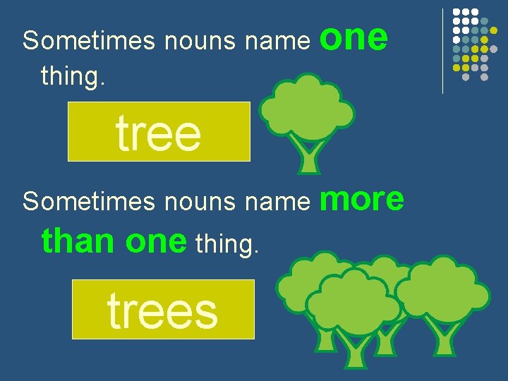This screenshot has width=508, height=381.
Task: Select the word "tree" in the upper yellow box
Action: pos(159,133)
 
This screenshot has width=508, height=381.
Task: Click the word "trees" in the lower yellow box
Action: pos(162,311)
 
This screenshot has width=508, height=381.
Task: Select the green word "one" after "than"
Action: pos(155,242)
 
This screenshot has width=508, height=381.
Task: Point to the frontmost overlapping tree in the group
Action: pos(353,310)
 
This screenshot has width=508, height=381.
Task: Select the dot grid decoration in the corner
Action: pos(471,42)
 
